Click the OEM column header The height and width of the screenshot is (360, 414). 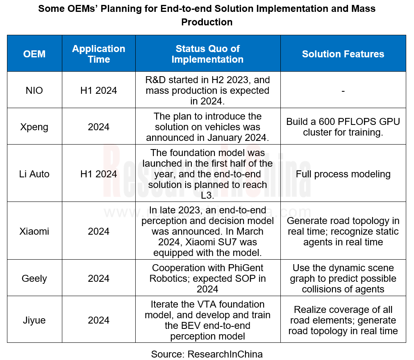click(x=34, y=54)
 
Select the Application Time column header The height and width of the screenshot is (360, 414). click(x=98, y=54)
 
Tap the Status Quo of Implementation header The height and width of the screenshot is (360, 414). click(x=207, y=54)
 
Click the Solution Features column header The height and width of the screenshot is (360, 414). click(x=343, y=54)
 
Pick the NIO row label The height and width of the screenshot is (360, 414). click(x=34, y=91)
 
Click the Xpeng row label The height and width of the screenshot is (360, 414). click(x=34, y=127)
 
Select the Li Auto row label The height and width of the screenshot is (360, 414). click(x=34, y=174)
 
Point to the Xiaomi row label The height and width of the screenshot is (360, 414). click(x=34, y=231)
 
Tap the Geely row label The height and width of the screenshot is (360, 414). click(x=34, y=278)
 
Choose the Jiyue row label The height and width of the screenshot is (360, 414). click(x=34, y=320)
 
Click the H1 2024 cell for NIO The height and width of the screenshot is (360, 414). click(x=98, y=91)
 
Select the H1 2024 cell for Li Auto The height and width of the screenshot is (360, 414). click(x=98, y=174)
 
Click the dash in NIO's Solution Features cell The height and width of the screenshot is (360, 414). click(x=343, y=91)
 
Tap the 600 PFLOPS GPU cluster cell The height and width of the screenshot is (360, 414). click(x=343, y=127)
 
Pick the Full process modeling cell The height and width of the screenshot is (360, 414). click(x=343, y=174)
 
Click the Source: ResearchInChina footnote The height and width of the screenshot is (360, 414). click(x=207, y=354)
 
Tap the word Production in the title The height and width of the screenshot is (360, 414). click(x=207, y=22)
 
